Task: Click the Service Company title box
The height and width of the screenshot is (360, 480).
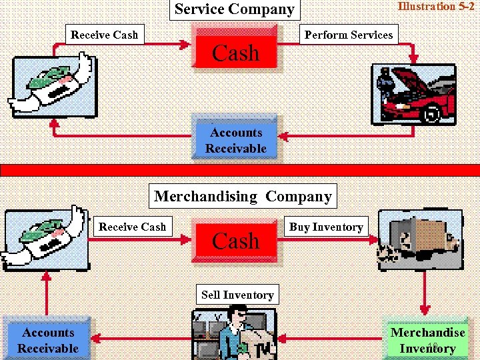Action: pos(234,9)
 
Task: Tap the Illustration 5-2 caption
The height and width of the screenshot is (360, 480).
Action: pos(436,7)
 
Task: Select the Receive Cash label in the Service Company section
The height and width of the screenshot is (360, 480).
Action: pos(104,35)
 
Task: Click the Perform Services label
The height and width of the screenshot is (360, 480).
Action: pos(349,35)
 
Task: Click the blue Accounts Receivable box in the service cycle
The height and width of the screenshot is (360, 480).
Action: pos(235,140)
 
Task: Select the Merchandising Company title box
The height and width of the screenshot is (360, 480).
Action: pos(243,197)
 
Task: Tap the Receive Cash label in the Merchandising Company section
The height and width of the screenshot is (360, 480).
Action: pos(132,227)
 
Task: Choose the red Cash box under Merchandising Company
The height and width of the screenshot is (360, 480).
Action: pos(235,240)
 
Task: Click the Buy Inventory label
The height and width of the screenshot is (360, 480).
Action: pos(326,227)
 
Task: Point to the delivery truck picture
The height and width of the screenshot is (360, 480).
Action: pos(419,240)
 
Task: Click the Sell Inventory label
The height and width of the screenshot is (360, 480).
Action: pos(237,295)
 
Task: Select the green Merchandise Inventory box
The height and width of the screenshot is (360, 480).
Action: pos(427,340)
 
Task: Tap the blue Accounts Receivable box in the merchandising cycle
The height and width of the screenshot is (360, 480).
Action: pos(47,340)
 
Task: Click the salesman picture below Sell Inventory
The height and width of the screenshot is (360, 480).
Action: pos(238,333)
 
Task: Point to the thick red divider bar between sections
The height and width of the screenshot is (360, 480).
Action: pos(240,169)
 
